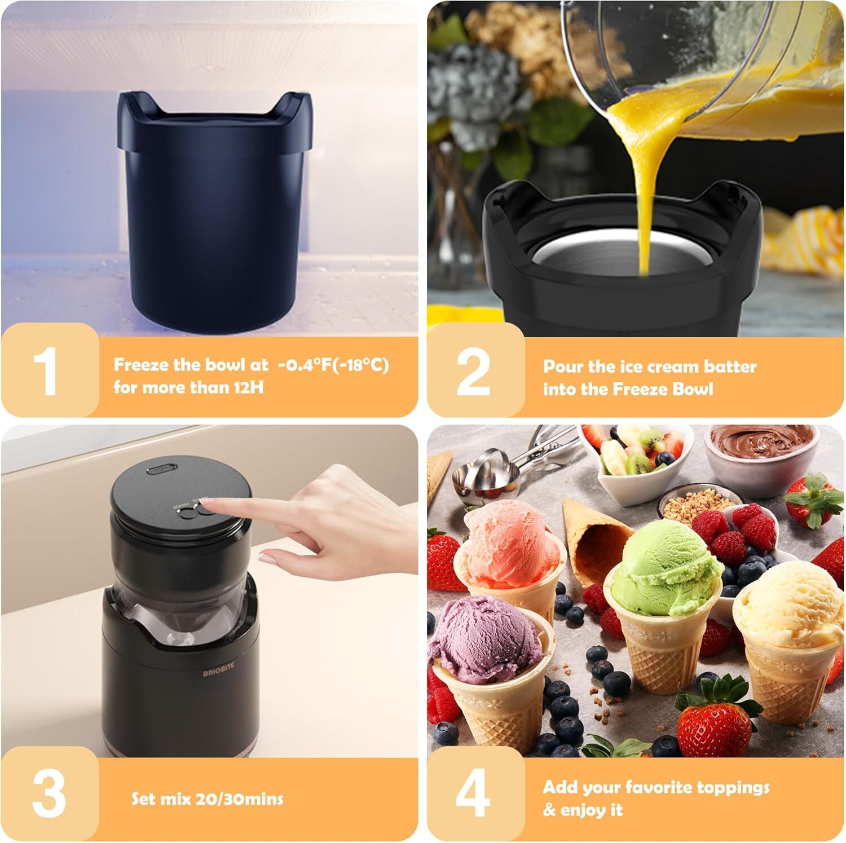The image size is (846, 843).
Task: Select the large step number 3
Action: pyautogui.click(x=50, y=792)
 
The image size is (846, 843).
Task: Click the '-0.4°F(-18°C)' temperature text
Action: pyautogui.click(x=333, y=365)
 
